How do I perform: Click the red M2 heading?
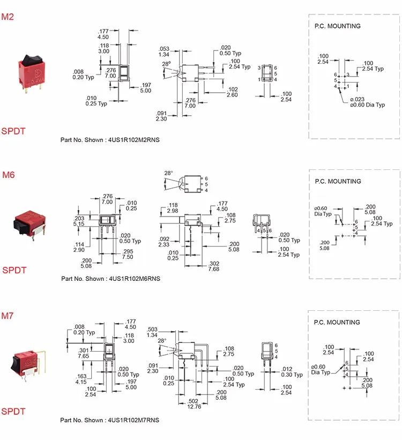click(8, 17)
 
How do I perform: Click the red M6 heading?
click(8, 175)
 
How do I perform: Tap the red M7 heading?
click(8, 316)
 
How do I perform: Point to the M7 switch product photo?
click(27, 364)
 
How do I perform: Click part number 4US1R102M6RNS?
click(110, 279)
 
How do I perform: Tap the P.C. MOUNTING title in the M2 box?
click(337, 26)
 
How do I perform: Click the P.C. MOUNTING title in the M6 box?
click(338, 182)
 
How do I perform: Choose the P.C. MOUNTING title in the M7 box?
click(337, 323)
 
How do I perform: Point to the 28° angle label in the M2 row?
click(166, 63)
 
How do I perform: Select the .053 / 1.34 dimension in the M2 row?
click(164, 51)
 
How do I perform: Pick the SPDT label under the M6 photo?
click(14, 270)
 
